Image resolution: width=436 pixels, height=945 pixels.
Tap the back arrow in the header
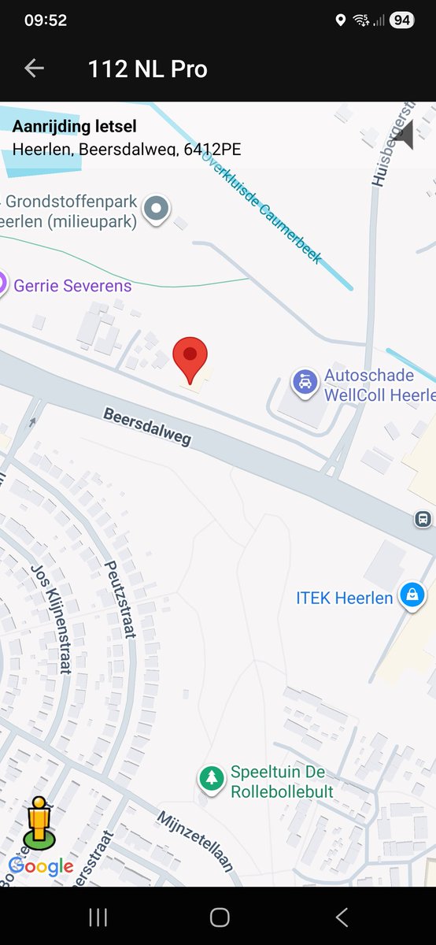[34, 69]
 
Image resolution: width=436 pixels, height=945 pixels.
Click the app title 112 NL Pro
[148, 69]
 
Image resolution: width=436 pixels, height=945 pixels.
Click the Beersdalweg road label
[148, 427]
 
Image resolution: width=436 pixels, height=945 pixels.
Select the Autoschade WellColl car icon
[305, 382]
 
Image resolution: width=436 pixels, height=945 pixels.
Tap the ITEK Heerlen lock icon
[411, 595]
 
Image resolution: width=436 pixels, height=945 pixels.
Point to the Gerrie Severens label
[72, 286]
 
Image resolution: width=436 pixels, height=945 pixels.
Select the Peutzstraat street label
[120, 599]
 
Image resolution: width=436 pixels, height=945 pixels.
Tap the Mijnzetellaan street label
[195, 841]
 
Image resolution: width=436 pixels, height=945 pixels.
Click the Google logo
[41, 867]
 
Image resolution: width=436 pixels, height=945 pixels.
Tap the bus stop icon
[423, 519]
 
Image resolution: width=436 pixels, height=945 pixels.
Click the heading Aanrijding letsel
[75, 126]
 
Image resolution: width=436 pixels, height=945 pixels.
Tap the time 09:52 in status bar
[45, 20]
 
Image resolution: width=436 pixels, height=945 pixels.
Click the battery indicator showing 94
[401, 20]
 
